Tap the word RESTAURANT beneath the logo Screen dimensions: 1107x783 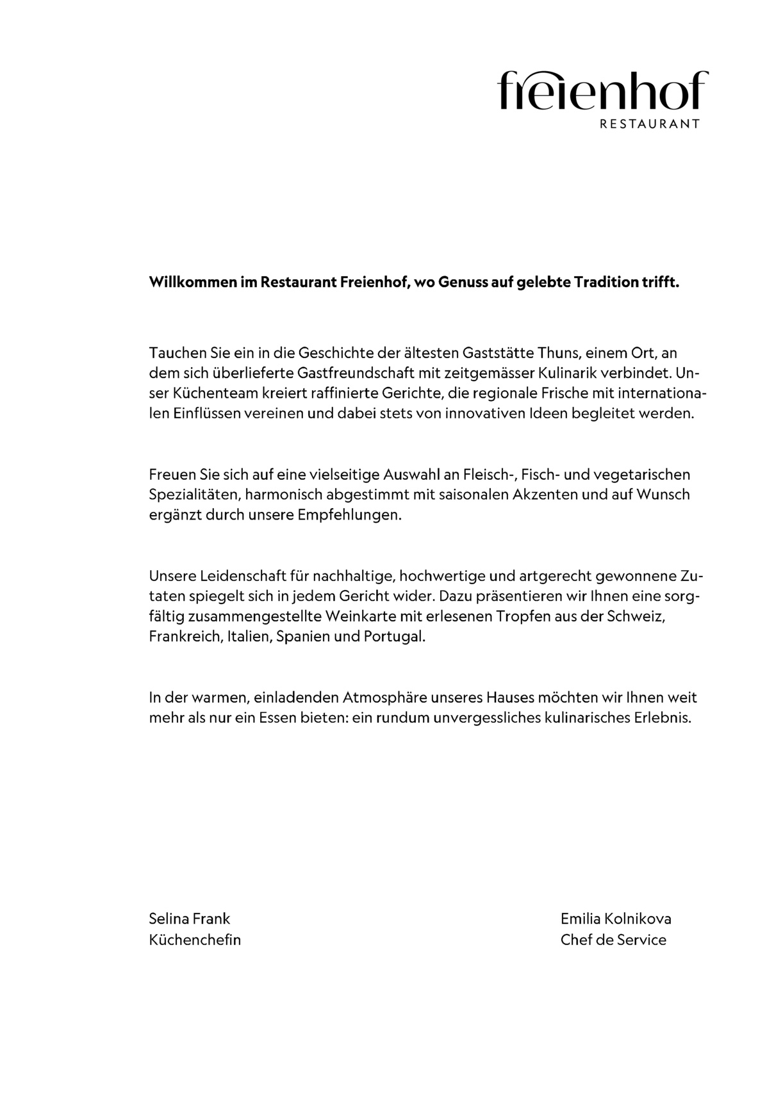649,124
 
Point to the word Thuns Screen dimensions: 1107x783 559,352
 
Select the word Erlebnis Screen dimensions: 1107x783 663,717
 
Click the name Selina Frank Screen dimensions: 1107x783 189,919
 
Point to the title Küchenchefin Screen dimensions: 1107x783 195,940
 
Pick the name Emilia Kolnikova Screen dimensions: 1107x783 616,919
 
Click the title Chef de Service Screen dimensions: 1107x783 613,940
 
